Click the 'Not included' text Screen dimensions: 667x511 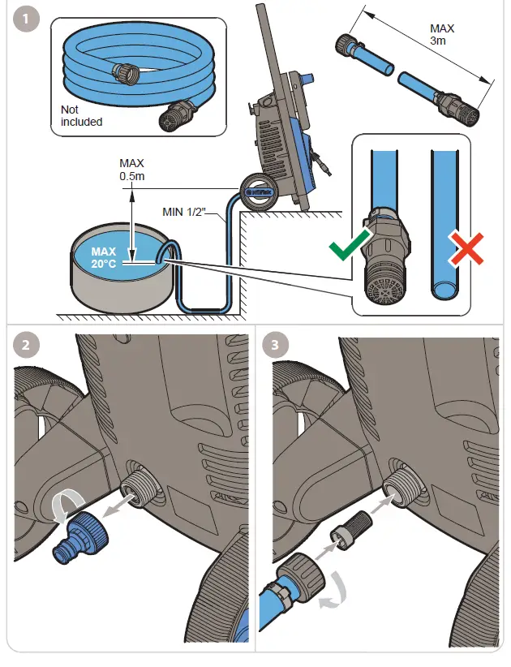[x=82, y=116]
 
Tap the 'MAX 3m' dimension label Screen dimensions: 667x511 [x=441, y=34]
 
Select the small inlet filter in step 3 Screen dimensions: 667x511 [x=343, y=531]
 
